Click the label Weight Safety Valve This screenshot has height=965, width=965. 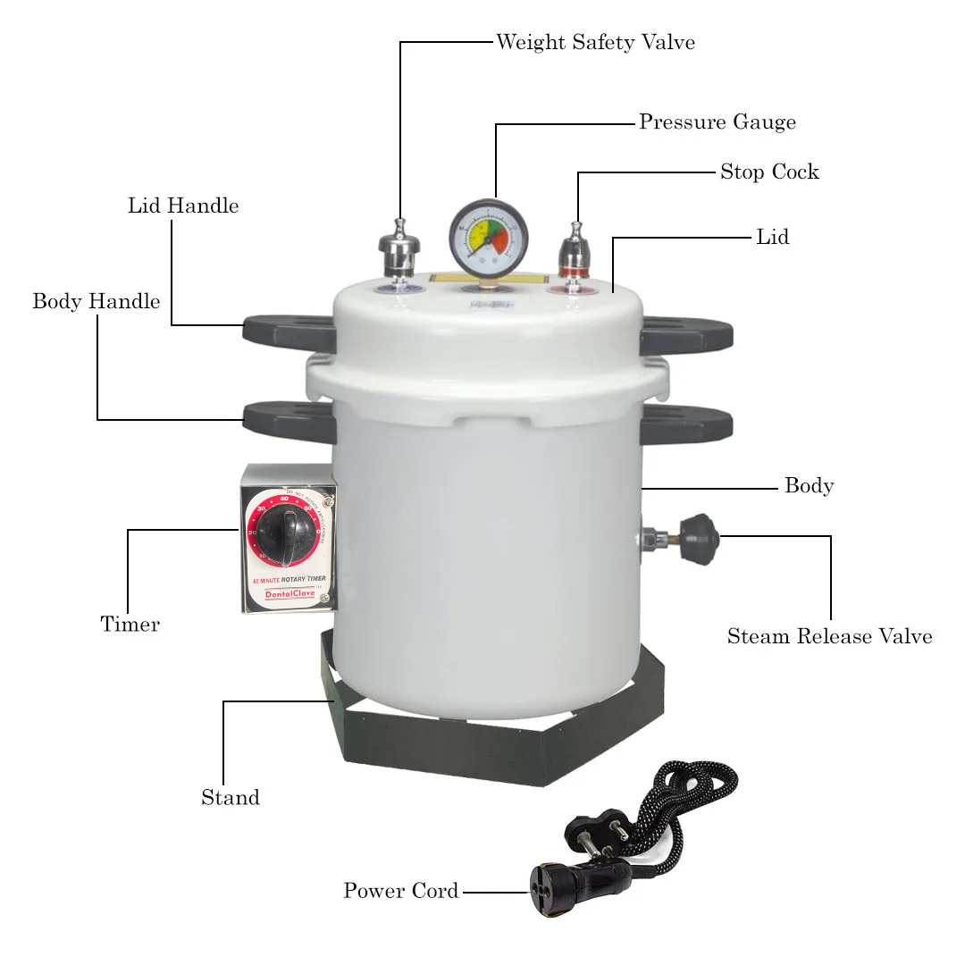(595, 42)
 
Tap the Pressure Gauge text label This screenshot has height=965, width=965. (717, 122)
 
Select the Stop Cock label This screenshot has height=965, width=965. (769, 172)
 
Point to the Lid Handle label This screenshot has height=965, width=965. (183, 206)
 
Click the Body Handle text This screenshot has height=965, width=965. (96, 301)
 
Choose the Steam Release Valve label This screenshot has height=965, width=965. (829, 636)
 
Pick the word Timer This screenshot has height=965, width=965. (130, 625)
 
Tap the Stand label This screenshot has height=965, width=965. (231, 798)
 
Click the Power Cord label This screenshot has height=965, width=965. (401, 891)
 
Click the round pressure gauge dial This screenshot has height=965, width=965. (489, 237)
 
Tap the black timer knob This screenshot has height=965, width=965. (285, 533)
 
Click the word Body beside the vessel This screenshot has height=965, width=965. (809, 486)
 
